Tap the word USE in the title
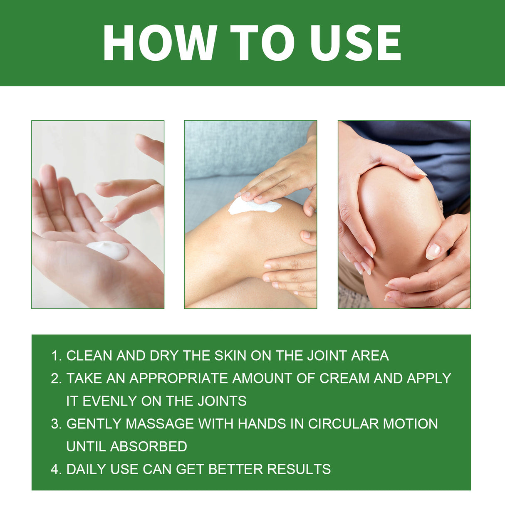[x=356, y=43]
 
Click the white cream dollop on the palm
[x=108, y=250]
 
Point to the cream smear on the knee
[x=253, y=205]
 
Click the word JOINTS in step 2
[x=222, y=401]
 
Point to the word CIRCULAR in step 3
[x=343, y=424]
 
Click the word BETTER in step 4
[x=235, y=469]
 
